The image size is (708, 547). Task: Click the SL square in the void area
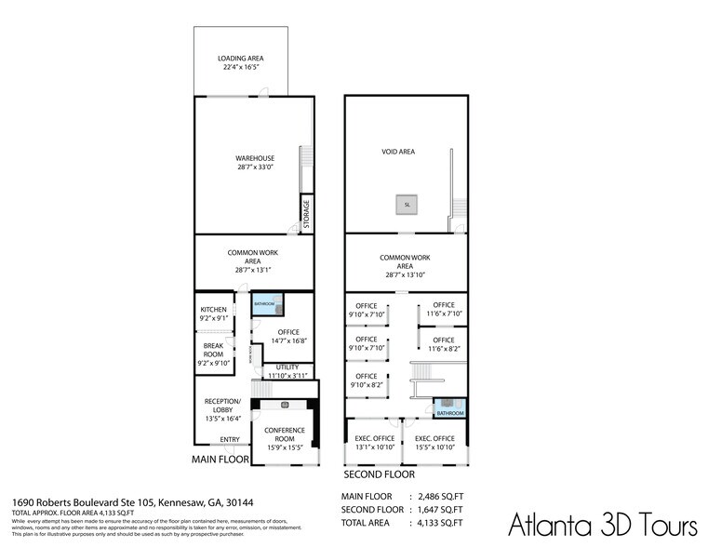407,204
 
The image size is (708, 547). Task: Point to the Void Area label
398,151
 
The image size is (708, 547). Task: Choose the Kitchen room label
214,314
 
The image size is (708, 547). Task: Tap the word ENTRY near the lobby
229,440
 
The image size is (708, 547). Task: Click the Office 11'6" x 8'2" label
443,344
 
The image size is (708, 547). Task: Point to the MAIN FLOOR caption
220,460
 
